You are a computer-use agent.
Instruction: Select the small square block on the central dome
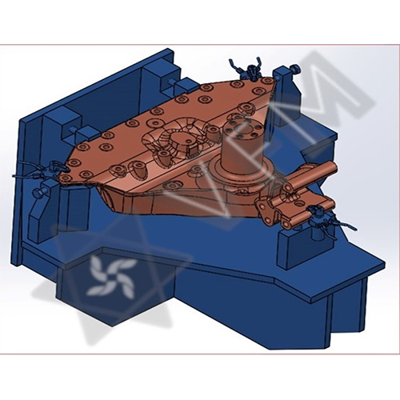[193, 151]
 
